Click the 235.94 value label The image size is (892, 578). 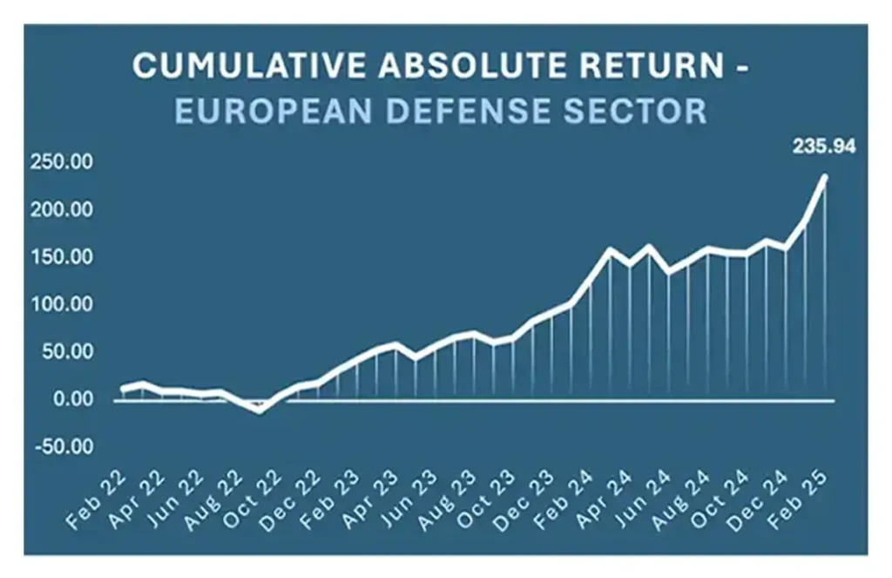823,147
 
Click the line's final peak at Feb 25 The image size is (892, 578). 824,177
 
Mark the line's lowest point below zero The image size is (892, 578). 260,410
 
